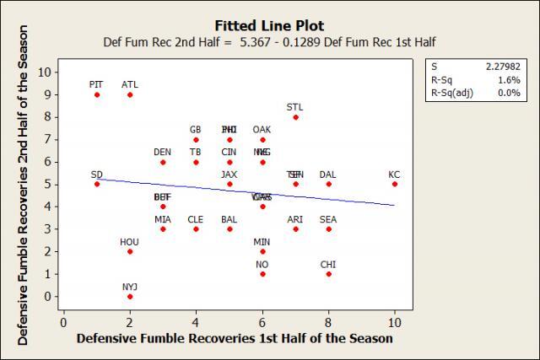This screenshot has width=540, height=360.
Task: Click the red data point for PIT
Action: coord(97,94)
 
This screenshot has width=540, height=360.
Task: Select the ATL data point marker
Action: coord(130,94)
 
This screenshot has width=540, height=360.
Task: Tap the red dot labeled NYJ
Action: coord(130,296)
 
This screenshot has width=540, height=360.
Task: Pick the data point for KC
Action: coord(394,184)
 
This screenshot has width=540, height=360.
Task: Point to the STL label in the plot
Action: coord(294,107)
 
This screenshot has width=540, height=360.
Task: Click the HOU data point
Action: coord(130,251)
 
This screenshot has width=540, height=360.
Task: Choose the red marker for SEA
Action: coord(328,228)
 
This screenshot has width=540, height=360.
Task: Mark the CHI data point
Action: coord(328,273)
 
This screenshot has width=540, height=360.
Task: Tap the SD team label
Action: coord(97,175)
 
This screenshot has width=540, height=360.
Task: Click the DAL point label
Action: coord(328,175)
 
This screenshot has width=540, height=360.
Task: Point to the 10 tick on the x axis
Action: coord(394,322)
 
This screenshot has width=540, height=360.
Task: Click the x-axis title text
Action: coord(234,339)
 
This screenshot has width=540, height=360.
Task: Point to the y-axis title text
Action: coord(24,185)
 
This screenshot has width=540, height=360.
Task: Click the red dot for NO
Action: coord(262,273)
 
